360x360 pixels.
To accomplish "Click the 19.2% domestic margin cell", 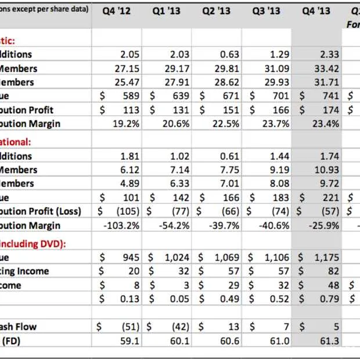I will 123,124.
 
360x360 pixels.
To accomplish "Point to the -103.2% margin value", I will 119,225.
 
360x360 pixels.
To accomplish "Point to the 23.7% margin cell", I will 274,124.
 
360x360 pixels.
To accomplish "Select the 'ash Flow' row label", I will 19,327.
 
